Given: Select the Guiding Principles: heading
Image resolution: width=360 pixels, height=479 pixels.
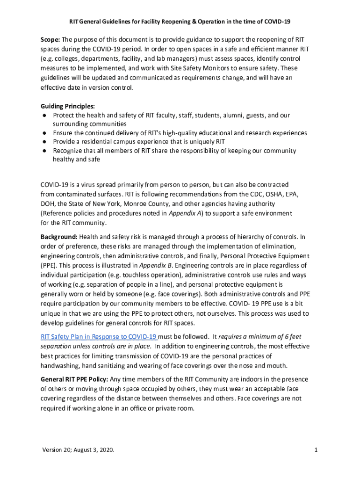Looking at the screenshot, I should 68,106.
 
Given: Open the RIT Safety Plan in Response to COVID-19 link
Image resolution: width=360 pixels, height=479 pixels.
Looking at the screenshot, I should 99,337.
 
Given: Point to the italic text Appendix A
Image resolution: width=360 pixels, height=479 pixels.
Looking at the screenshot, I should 182,213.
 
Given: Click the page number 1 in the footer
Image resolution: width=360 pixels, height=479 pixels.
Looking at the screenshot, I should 317,450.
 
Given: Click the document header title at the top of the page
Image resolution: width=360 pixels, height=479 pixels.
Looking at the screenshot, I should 180,22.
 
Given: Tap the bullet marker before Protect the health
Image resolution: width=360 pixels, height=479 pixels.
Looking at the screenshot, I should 43,115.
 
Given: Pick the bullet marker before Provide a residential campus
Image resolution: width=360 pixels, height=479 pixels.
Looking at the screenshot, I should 43,142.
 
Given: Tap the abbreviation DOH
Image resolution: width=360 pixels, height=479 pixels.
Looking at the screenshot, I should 47,204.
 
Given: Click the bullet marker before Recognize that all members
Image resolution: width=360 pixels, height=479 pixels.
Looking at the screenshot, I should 43,151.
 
